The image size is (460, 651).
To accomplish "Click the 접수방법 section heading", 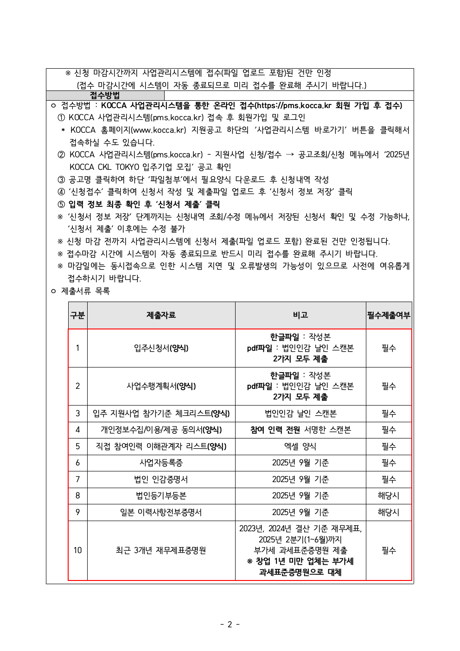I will pos(104,96).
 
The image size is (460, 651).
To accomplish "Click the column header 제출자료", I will pos(161,315).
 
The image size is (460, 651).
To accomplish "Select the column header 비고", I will pos(300,315).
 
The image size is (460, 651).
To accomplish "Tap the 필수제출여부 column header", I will pos(389,315).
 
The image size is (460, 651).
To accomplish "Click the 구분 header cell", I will pos(77,315).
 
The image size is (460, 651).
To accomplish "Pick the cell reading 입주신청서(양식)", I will pos(161,348).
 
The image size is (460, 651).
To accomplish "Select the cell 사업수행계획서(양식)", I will pos(161,386).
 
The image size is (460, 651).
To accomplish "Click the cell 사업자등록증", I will pos(161,463).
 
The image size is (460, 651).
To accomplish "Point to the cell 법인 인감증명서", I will pos(161,479).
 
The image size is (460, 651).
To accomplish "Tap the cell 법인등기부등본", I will pos(161,496).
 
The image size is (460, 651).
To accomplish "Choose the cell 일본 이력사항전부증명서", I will pos(161,512).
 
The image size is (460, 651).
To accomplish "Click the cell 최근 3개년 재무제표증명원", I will pos(161,550).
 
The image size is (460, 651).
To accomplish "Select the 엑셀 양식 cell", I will pos(300,446).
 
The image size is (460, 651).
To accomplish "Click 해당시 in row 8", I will pos(389,496).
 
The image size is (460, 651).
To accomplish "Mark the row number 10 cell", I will pos(77,550).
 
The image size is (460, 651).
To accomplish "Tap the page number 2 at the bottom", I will pos(230,624).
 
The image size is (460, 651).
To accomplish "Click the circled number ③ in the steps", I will pos(61,180).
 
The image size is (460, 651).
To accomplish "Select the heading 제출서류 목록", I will pos(85,291).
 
